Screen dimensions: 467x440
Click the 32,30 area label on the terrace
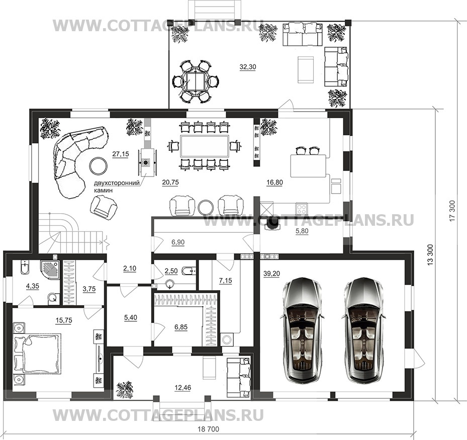point(248,67)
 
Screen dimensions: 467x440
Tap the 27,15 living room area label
point(120,154)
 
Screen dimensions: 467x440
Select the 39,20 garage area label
point(271,274)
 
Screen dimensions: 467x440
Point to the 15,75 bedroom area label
point(64,320)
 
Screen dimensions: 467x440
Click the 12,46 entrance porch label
point(183,388)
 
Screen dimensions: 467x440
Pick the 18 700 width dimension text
point(208,429)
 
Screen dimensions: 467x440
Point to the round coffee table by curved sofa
point(99,166)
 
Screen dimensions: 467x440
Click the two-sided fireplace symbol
point(146,162)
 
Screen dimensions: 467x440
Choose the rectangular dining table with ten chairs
point(205,146)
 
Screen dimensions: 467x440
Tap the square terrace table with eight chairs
point(195,81)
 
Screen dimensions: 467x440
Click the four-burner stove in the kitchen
point(302,208)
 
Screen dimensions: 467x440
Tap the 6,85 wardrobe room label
point(181,327)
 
